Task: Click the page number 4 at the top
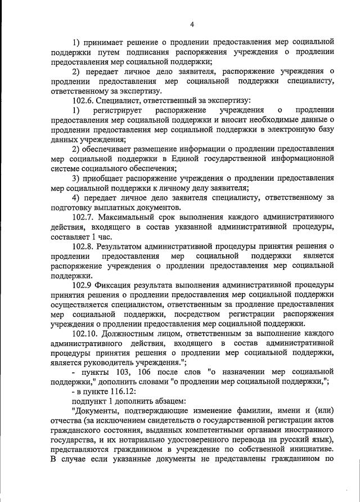pyautogui.click(x=192, y=24)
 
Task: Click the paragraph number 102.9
pyautogui.click(x=82, y=285)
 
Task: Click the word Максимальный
pyautogui.click(x=131, y=217)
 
